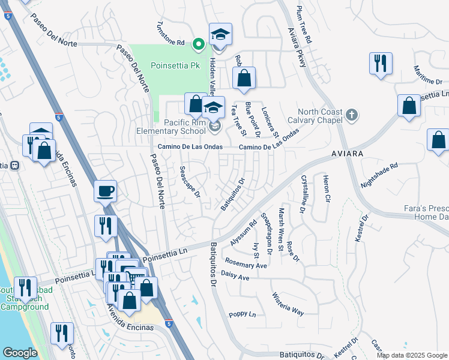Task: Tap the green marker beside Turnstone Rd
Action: tap(198, 43)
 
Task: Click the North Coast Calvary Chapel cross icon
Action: tap(352, 113)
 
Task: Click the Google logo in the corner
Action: tap(20, 353)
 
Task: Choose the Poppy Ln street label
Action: tap(243, 314)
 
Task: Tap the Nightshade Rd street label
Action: tap(379, 175)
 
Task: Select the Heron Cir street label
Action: tap(327, 188)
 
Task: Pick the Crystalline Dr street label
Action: tap(304, 194)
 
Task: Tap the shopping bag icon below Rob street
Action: tap(244, 78)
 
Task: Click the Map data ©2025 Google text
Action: tap(412, 355)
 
